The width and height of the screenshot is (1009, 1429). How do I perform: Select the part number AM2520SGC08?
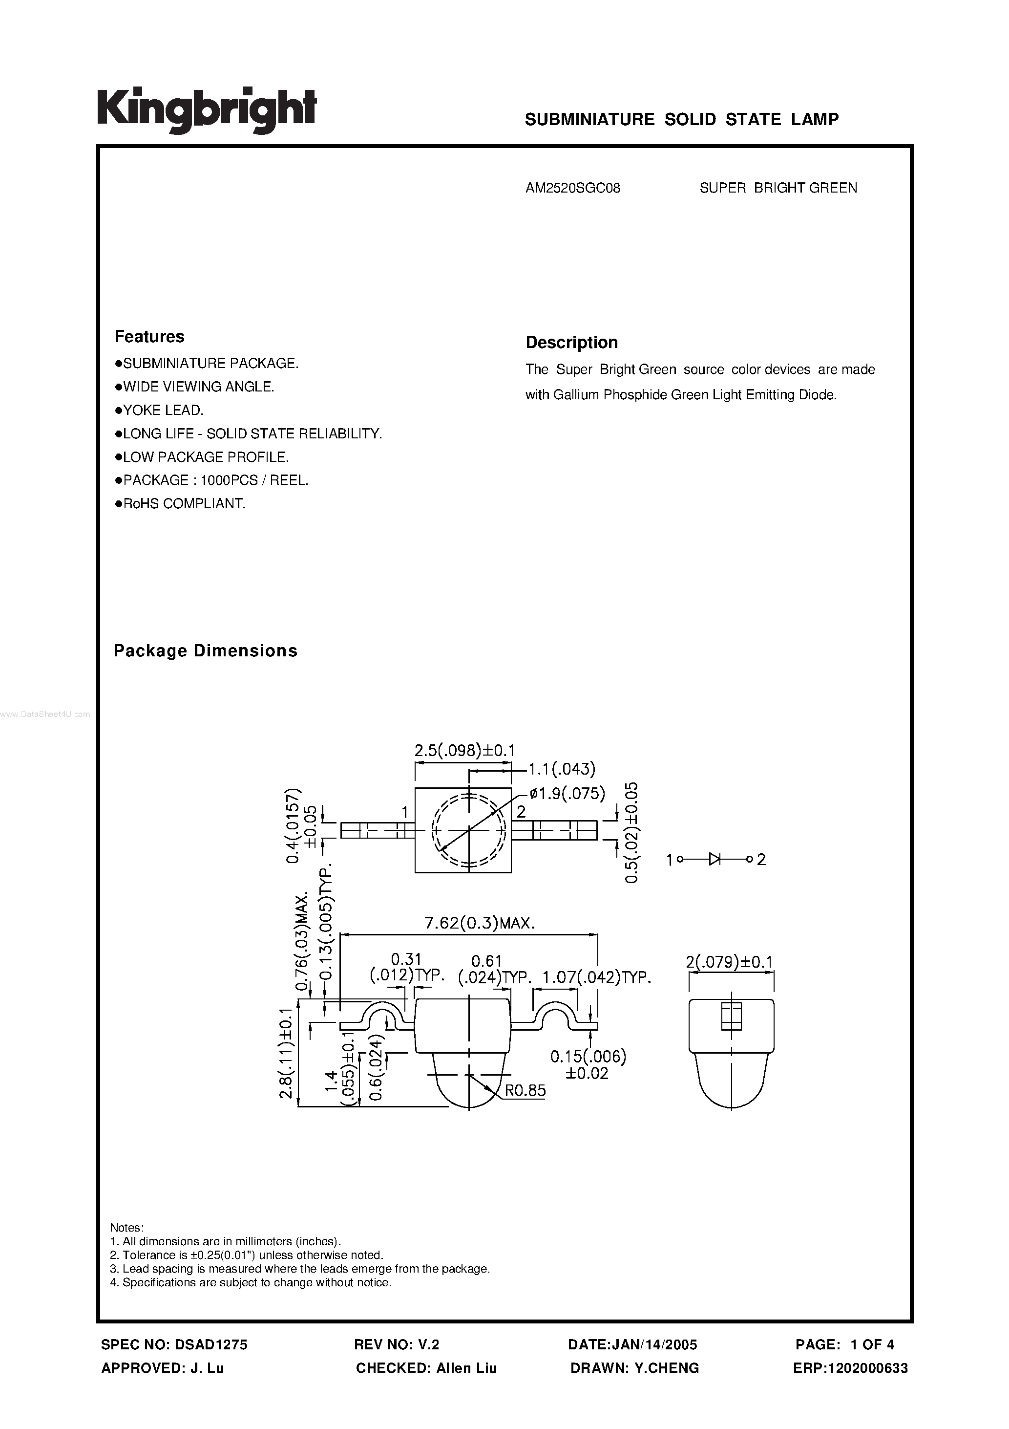tap(572, 188)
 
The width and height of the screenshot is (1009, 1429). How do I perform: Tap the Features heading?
tap(149, 337)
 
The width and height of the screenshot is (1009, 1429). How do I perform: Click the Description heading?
tap(571, 342)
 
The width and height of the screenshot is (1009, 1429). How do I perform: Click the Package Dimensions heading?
tap(205, 651)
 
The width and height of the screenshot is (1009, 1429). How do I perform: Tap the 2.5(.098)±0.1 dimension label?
tap(464, 751)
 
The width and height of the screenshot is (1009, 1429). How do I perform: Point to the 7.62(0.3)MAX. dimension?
tap(479, 924)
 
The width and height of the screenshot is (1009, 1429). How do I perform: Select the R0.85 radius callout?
tap(525, 1091)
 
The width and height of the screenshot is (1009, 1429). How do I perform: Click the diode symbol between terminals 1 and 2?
tap(715, 860)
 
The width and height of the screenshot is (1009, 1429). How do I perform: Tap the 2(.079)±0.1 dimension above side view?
tap(729, 962)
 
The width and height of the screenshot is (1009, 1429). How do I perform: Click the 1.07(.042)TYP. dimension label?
tap(597, 978)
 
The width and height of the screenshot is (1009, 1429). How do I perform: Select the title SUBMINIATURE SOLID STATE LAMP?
tap(681, 120)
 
